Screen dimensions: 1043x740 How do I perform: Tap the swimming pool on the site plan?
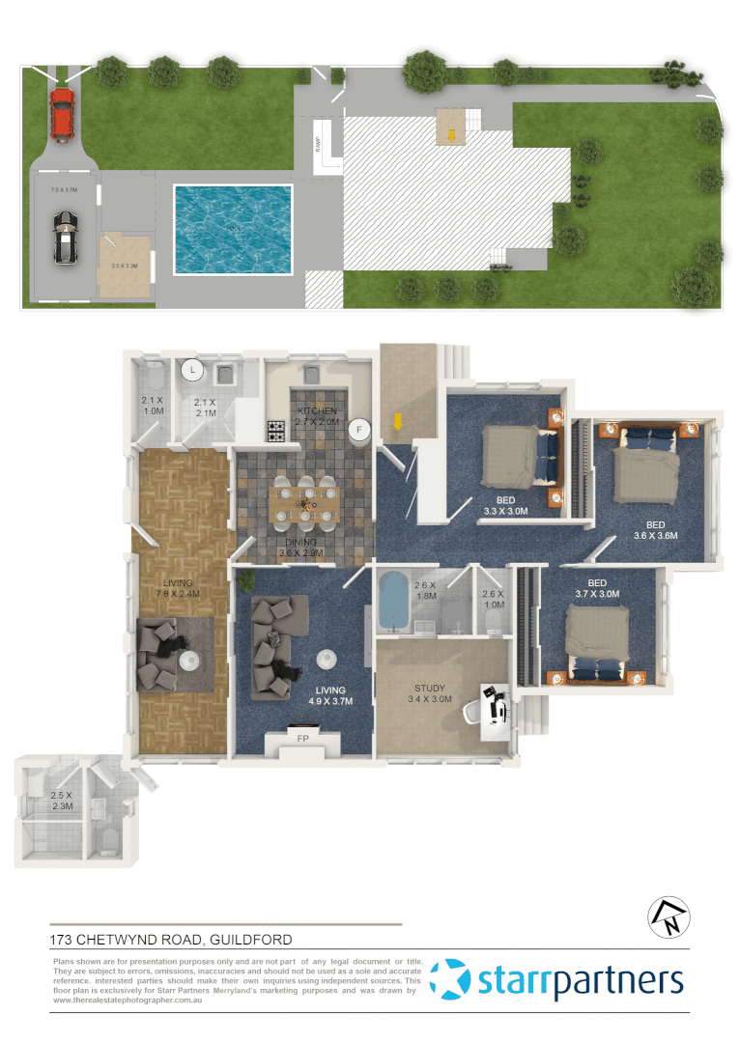(232, 230)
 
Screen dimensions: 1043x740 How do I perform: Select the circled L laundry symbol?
(193, 369)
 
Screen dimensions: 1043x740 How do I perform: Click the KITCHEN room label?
(316, 410)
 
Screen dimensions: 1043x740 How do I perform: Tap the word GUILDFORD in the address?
(250, 939)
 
